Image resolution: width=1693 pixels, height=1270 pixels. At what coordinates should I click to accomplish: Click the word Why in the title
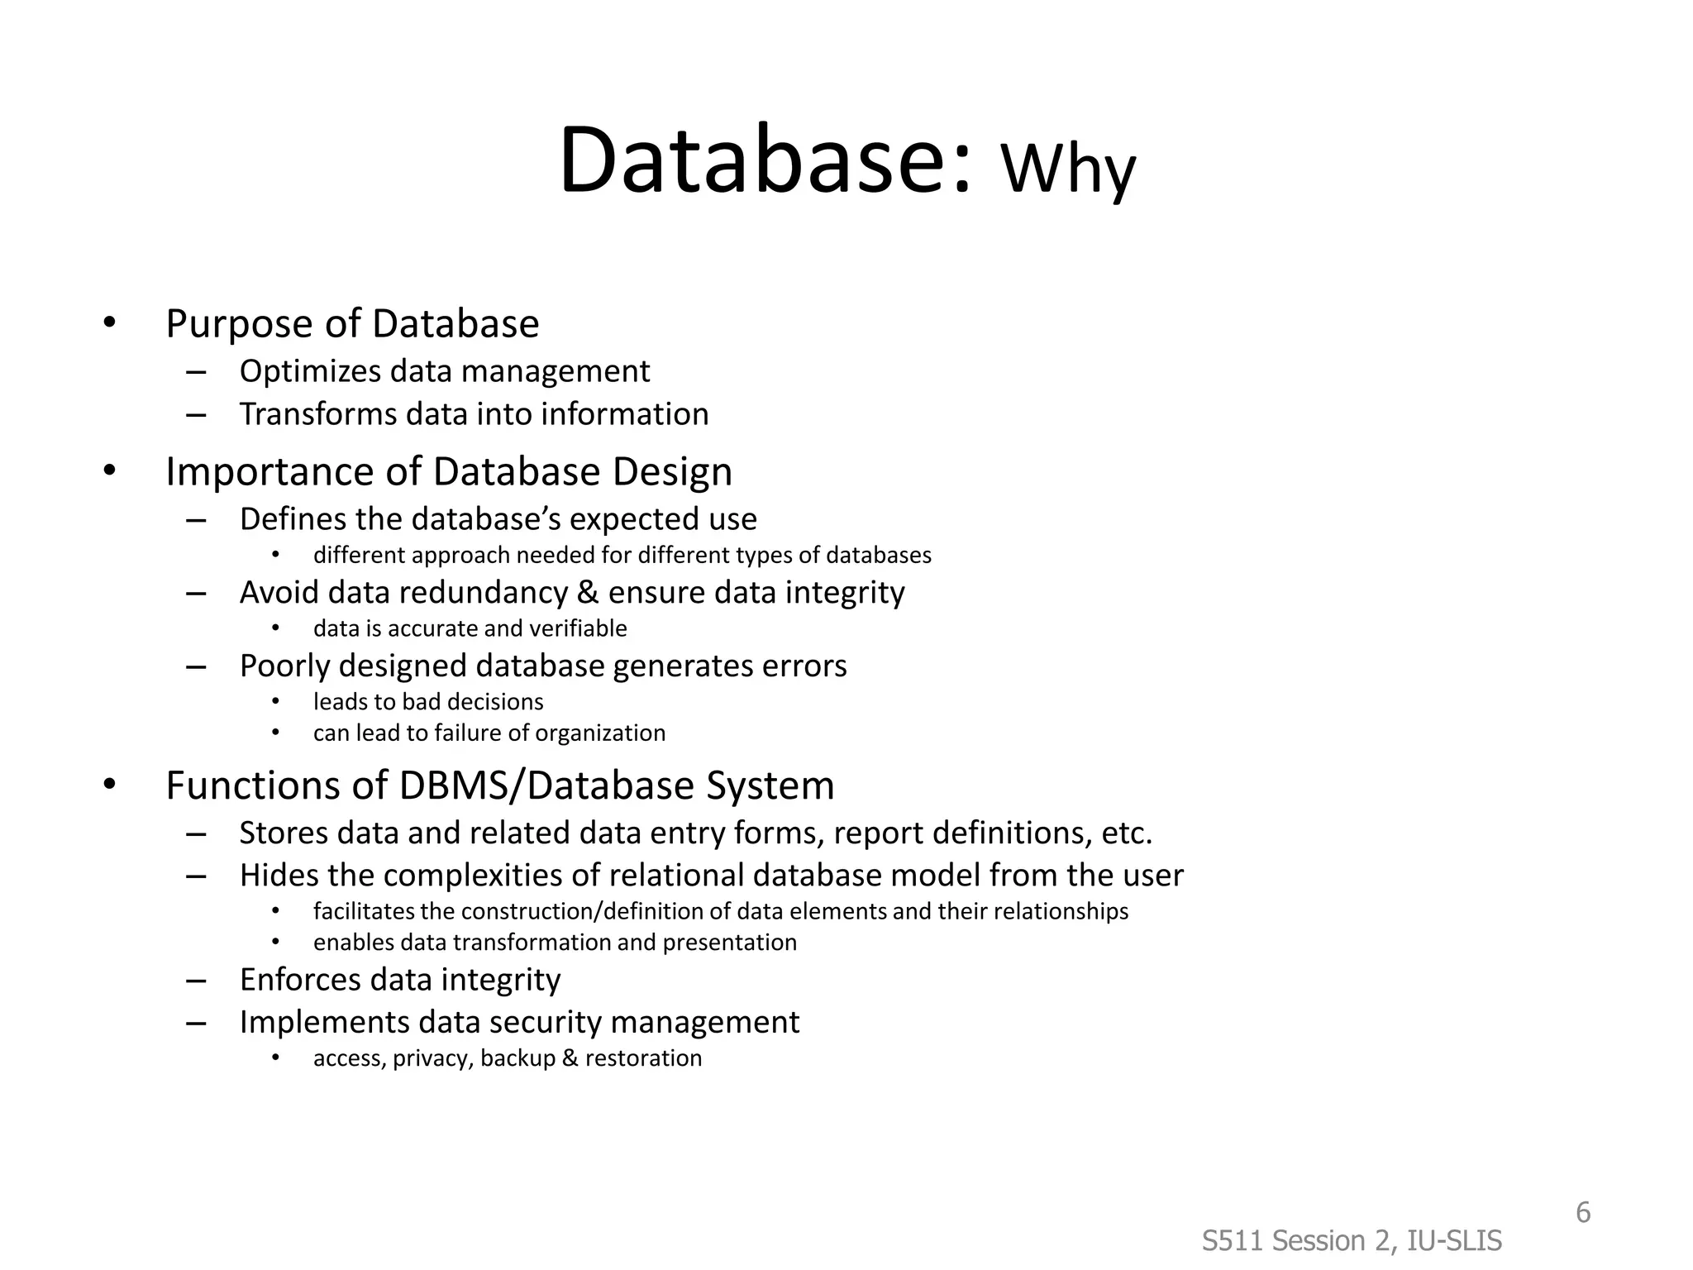[1068, 169]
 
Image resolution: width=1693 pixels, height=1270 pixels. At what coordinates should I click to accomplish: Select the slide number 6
[1582, 1213]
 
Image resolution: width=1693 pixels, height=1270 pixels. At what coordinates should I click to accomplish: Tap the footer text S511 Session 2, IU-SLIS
[1352, 1241]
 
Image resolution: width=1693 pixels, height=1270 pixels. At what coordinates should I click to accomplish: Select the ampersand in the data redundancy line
[588, 593]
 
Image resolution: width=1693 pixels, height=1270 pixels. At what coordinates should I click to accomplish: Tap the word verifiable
[578, 628]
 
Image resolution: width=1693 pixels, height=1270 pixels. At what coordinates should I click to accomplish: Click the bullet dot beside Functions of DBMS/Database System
[110, 785]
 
